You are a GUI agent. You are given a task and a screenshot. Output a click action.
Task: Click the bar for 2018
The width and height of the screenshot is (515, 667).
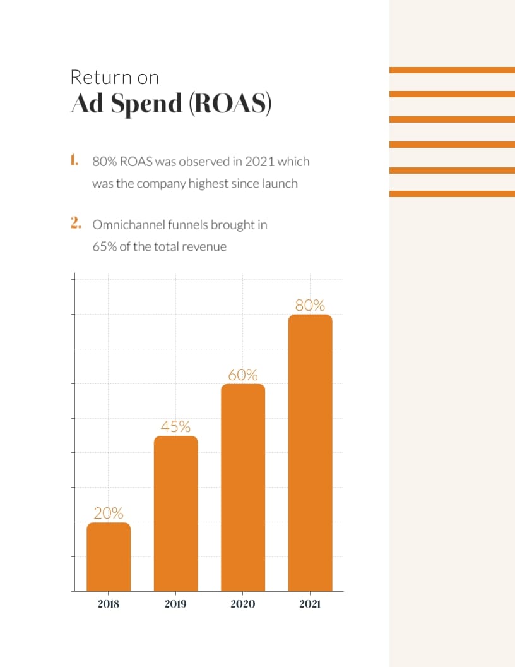coord(109,557)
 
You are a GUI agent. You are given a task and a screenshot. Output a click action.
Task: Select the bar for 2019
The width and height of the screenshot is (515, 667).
coord(175,514)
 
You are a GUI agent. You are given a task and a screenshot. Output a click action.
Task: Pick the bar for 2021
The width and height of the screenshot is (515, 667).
coord(310,453)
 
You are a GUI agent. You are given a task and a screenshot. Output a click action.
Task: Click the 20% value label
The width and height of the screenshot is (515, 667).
coord(109,513)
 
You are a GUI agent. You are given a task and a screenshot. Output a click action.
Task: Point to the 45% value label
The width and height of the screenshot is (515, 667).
coord(175,426)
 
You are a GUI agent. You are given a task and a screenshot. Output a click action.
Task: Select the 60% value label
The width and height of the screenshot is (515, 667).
coord(243,375)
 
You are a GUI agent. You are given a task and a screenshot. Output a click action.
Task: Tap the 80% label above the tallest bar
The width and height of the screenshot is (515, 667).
coord(310,306)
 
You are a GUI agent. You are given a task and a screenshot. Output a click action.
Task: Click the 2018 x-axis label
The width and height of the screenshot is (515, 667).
coord(109,604)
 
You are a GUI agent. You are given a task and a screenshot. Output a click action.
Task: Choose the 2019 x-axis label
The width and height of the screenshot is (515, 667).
coord(175,604)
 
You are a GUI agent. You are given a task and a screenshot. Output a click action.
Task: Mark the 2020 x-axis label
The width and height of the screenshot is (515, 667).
coord(243,604)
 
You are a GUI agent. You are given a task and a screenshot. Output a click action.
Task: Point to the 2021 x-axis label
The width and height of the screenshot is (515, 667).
coord(310,604)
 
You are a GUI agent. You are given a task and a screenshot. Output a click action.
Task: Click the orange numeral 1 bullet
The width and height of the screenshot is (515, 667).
coord(74,160)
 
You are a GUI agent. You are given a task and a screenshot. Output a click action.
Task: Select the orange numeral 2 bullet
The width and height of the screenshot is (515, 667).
coord(76,223)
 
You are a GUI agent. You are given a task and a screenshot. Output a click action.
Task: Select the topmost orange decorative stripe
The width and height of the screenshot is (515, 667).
coord(452,70)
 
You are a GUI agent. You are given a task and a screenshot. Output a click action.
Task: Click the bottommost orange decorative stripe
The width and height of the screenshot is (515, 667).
coord(452,194)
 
